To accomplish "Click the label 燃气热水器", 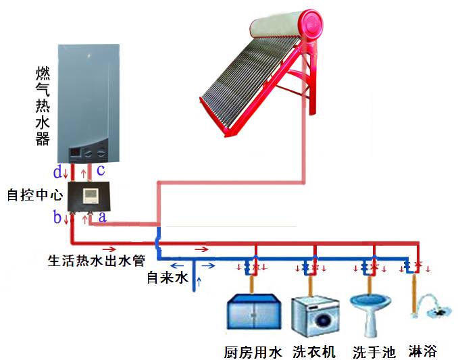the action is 43,106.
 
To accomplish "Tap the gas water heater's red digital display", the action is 75,152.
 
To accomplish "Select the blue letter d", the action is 57,172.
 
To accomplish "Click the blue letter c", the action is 101,170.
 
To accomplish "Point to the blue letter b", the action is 57,217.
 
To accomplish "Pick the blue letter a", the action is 102,217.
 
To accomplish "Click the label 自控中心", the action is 35,195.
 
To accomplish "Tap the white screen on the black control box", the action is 91,195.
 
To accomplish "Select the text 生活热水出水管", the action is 97,261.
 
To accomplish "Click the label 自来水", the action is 167,278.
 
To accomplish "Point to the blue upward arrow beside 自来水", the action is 199,282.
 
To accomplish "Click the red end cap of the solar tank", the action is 312,24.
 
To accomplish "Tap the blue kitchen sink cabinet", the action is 254,311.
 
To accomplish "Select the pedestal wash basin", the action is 370,315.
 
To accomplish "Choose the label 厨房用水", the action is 253,352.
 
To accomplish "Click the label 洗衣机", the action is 314,352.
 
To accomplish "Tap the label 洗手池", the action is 374,352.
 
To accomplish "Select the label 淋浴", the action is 423,351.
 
